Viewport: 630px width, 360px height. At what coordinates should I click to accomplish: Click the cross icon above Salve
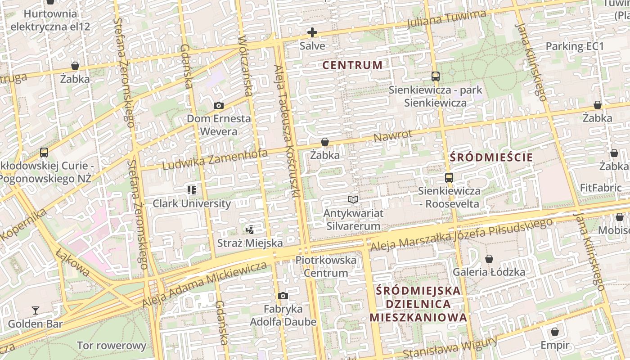312,32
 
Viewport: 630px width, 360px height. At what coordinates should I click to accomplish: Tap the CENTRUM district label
352,65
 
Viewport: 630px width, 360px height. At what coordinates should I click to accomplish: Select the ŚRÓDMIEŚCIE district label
491,157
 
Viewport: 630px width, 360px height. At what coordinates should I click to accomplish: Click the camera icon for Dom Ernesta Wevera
219,106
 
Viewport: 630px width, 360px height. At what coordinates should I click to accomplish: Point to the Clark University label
192,203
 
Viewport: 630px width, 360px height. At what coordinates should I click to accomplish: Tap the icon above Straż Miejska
250,230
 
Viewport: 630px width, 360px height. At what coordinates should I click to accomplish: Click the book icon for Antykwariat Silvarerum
353,199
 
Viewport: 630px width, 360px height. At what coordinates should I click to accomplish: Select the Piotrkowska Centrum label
326,266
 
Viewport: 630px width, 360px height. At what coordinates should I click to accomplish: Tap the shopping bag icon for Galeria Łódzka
489,259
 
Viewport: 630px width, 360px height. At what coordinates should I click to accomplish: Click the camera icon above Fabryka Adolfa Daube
283,296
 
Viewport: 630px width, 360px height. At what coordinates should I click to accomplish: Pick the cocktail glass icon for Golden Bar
36,310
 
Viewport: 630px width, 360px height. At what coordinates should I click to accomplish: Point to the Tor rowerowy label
112,346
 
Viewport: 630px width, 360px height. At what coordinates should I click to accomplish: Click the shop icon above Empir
555,332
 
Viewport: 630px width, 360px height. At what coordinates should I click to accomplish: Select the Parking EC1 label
575,46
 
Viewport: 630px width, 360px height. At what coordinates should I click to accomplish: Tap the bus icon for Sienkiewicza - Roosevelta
449,177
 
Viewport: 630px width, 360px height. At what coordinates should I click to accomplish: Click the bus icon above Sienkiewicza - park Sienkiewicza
435,76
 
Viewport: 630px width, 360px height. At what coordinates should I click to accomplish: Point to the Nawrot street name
392,135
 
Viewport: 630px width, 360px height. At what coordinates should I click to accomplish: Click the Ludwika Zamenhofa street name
215,160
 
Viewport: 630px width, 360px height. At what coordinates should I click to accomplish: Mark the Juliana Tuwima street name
446,19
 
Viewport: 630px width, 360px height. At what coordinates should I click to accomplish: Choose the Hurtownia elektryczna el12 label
50,20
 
